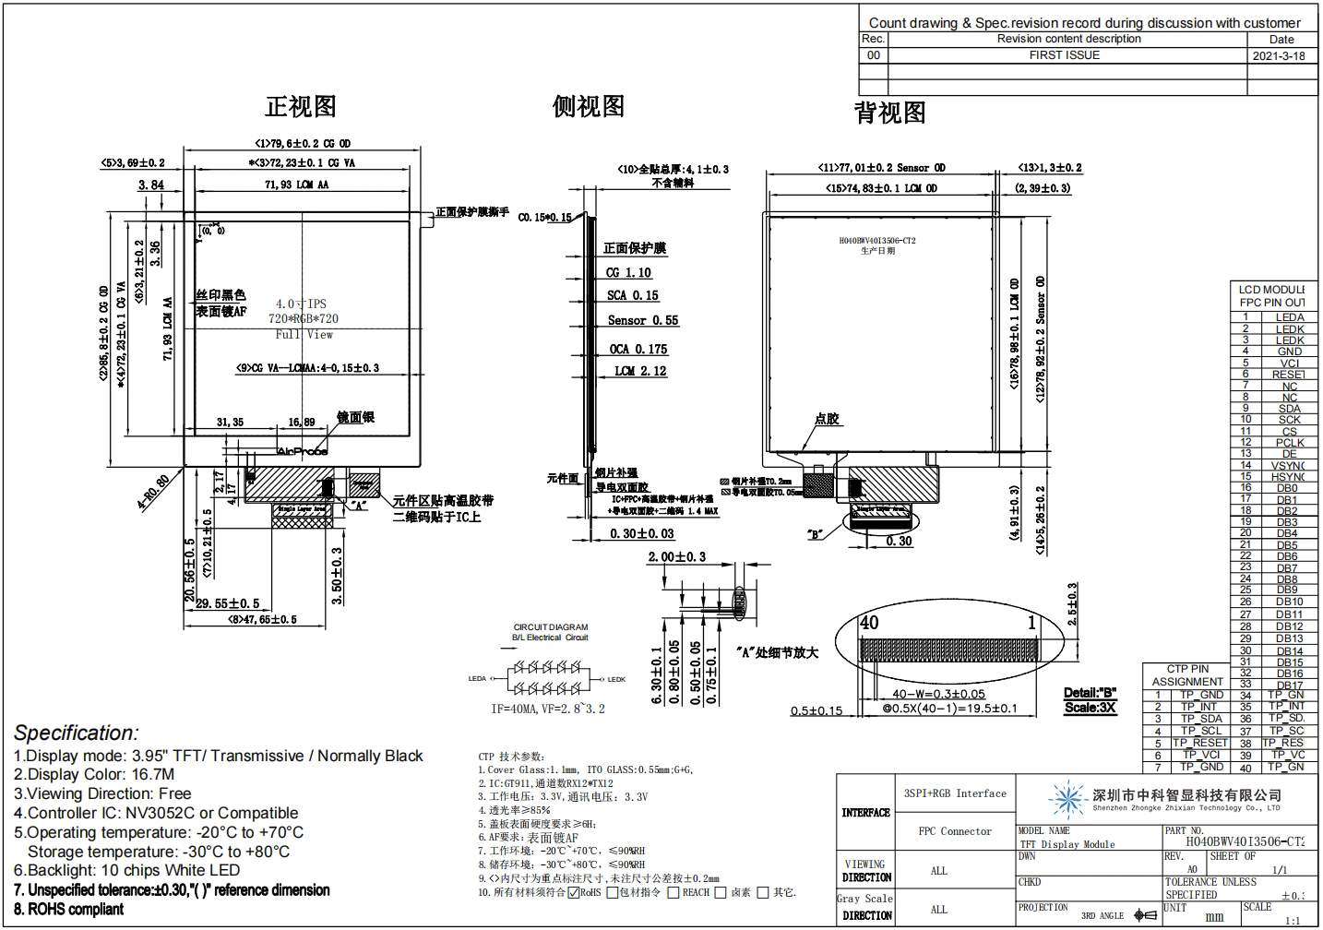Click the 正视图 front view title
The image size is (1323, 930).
click(301, 107)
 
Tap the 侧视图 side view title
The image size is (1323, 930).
click(589, 107)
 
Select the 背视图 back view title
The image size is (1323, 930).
click(889, 113)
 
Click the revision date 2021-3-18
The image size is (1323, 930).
click(1279, 55)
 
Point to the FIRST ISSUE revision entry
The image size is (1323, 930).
click(1065, 55)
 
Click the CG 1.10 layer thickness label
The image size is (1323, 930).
click(629, 273)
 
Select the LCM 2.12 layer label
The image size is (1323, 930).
click(640, 371)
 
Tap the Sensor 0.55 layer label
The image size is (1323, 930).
click(642, 321)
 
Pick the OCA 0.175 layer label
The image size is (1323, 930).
click(638, 350)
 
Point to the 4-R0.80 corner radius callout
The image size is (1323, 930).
click(153, 492)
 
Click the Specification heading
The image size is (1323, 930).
click(77, 733)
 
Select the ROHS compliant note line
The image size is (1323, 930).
click(69, 910)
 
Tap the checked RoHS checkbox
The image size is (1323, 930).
click(574, 892)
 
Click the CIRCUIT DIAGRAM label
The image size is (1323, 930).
click(551, 627)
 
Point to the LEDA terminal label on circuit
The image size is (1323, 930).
click(477, 679)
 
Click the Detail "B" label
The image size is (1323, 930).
click(1090, 693)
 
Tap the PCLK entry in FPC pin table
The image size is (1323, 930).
click(1290, 443)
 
